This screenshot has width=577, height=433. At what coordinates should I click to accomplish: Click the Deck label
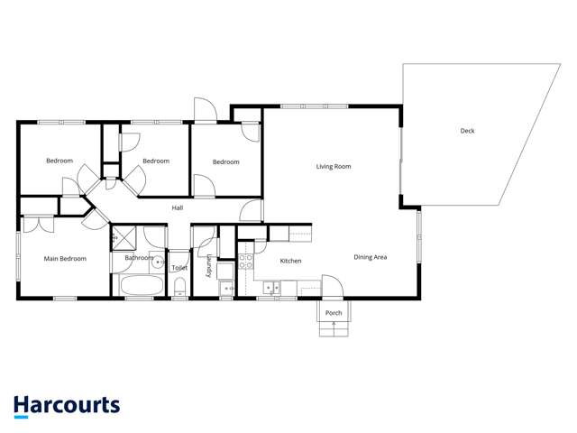[x=467, y=131]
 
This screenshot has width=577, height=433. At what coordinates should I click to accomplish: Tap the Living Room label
[x=333, y=166]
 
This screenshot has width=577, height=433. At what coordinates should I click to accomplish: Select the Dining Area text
[x=370, y=258]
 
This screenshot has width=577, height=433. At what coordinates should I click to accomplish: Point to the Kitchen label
[x=290, y=261]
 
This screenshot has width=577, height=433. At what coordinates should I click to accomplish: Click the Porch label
[x=334, y=313]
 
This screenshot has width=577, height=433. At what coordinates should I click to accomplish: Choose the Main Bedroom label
[x=65, y=259]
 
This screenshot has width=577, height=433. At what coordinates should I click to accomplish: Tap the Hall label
[x=178, y=208]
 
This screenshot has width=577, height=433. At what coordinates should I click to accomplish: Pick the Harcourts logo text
[x=67, y=405]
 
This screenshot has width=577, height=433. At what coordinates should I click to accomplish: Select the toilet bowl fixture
[x=179, y=288]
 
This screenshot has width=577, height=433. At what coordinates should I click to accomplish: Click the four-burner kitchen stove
[x=246, y=262]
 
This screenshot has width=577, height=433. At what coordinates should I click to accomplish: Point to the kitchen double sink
[x=271, y=288]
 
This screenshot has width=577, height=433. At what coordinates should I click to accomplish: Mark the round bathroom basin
[x=156, y=264]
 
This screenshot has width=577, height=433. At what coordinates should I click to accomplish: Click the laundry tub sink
[x=225, y=288]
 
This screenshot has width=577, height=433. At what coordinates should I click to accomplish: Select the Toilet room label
[x=179, y=268]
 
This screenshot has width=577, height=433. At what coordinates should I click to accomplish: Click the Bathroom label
[x=139, y=258]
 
